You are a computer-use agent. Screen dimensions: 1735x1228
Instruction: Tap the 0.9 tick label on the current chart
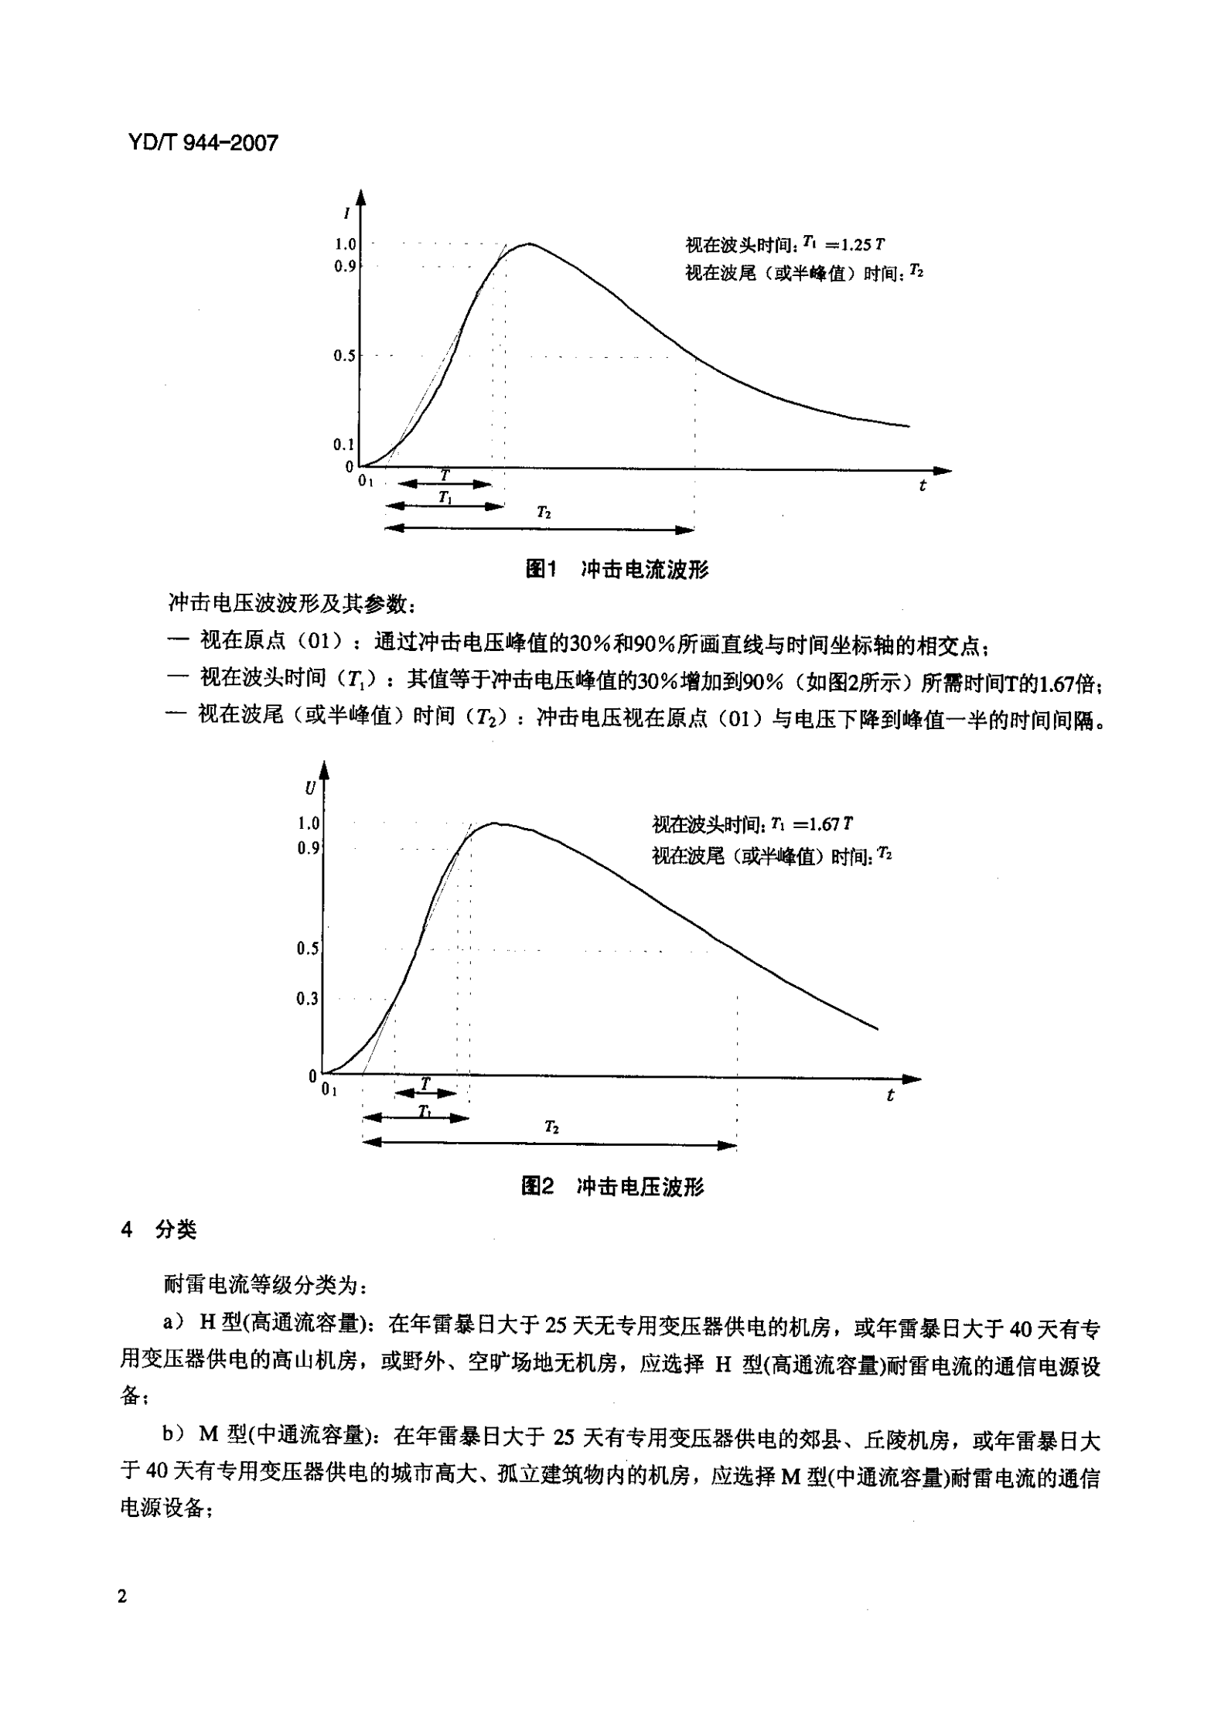coord(344,266)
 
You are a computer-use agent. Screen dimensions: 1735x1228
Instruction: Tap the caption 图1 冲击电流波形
coord(616,570)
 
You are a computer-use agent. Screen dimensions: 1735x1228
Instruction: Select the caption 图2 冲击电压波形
coord(612,1187)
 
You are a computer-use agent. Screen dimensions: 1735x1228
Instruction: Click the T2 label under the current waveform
coord(544,513)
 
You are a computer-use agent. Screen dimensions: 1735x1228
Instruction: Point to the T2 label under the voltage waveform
coord(551,1127)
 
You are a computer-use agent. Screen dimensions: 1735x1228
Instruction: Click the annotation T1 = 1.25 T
coord(843,244)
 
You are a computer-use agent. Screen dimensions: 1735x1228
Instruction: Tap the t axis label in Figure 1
coord(923,486)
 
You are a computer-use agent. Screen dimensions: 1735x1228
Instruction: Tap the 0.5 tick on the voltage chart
coord(307,949)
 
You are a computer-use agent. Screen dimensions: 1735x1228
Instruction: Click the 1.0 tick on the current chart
coord(344,244)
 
